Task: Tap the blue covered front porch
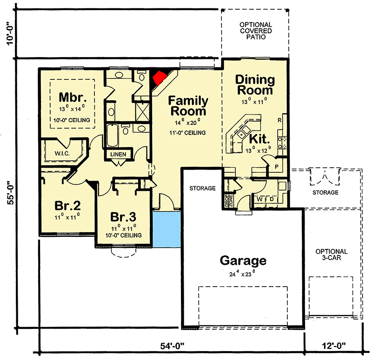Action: click(x=166, y=229)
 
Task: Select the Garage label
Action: click(x=243, y=260)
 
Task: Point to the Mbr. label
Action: click(x=73, y=98)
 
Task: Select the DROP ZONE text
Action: click(x=228, y=201)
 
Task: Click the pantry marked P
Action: click(x=276, y=166)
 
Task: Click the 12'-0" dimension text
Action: click(x=337, y=347)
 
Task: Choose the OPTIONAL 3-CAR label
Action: click(x=331, y=255)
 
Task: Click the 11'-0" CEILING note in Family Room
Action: click(x=188, y=133)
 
